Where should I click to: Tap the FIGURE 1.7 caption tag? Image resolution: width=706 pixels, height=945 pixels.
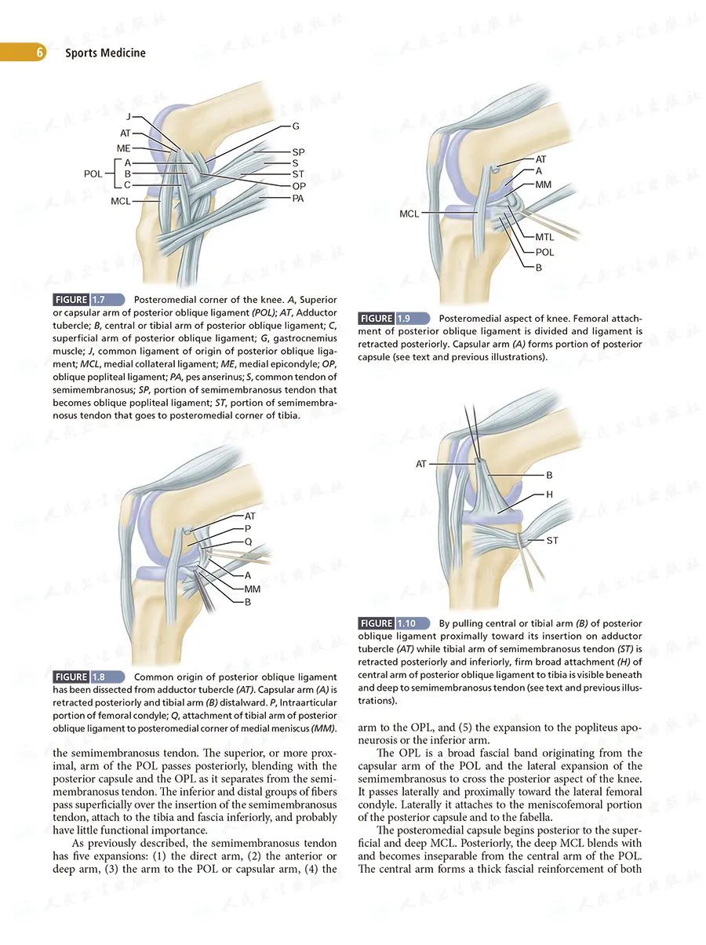point(89,299)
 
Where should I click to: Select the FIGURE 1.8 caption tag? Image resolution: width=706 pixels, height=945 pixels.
point(89,677)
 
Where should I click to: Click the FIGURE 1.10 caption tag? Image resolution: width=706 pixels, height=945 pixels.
point(395,622)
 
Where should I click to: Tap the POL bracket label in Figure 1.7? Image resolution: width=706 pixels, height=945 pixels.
point(93,173)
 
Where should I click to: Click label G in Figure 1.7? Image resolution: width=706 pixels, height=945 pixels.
point(296,126)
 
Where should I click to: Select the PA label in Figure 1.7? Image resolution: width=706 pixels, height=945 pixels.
point(298,199)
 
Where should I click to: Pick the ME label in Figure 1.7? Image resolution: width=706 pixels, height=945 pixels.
point(124,148)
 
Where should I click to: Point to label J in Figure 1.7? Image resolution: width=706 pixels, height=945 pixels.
point(128,117)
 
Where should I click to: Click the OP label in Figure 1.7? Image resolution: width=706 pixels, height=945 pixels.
point(299,186)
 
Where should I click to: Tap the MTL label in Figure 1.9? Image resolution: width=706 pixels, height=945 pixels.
point(544,237)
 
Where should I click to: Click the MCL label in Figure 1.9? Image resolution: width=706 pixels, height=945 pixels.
point(409,213)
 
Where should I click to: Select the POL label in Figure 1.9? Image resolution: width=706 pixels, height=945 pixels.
point(544,252)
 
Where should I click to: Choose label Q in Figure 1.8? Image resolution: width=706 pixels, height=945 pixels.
point(248,542)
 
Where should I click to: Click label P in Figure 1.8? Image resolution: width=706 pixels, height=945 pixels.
point(248,529)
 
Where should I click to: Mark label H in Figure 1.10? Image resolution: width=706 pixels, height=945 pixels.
point(549,494)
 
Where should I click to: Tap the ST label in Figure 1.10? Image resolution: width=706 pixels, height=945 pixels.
point(552,540)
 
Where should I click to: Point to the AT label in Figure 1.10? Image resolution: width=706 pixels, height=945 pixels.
point(422,464)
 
